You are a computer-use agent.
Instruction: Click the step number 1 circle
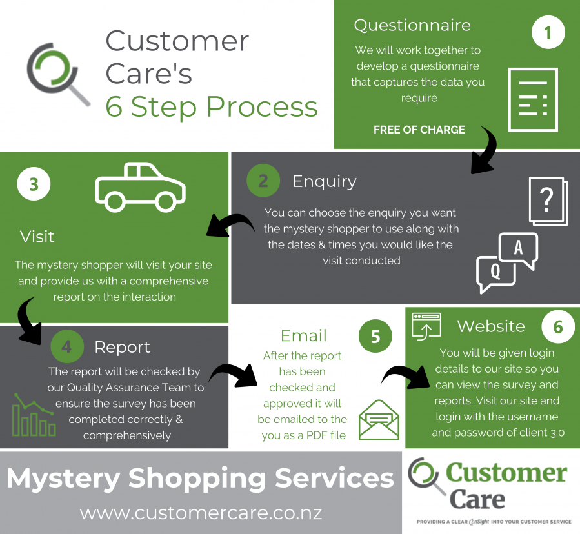tap(548, 33)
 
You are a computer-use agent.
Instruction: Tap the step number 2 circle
tap(263, 181)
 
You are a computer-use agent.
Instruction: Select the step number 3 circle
tap(34, 184)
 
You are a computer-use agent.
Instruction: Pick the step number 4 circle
tap(67, 346)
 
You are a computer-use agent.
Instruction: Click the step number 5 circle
tap(375, 336)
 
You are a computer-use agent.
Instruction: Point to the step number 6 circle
tap(558, 327)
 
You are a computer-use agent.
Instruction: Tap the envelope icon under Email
tap(379, 419)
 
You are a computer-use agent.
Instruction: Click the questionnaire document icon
tap(532, 100)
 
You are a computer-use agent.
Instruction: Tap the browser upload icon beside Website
tap(426, 326)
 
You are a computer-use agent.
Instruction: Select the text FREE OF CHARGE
tap(419, 130)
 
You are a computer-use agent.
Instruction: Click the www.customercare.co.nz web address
tap(201, 513)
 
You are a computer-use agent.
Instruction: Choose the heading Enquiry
tap(324, 181)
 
